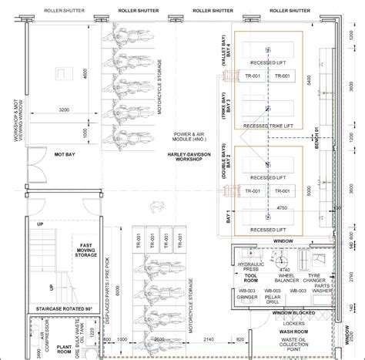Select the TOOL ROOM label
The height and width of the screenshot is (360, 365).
point(249,275)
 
